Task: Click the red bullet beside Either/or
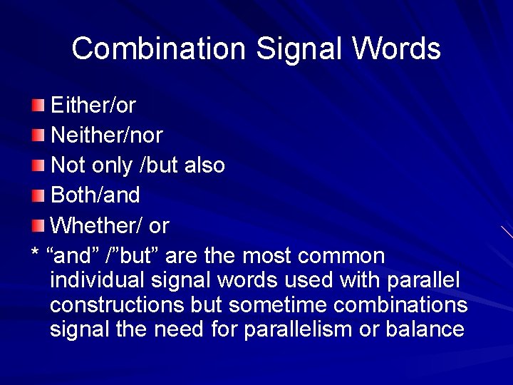pos(38,106)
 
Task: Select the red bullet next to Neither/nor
pos(38,136)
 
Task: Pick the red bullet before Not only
pos(38,166)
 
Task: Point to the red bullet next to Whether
pos(38,226)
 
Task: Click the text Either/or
pos(93,106)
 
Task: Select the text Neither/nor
pos(107,135)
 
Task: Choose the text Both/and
pos(95,195)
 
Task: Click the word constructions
pos(118,305)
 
